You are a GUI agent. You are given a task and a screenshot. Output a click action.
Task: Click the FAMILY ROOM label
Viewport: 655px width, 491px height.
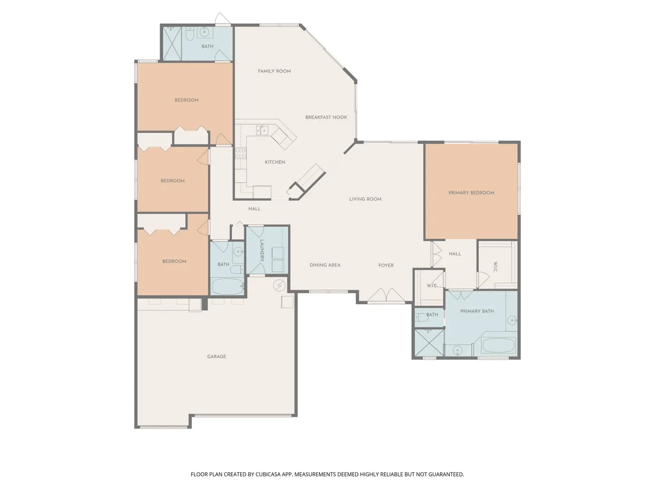click(274, 71)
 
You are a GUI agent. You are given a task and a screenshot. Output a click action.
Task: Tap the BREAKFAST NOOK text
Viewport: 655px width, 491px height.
click(326, 117)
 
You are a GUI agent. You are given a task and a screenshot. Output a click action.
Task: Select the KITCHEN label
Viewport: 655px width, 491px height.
click(275, 162)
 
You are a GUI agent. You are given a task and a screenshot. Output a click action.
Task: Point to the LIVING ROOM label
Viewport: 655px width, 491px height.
click(365, 199)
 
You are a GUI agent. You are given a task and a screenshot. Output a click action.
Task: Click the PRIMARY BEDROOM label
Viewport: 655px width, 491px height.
click(471, 193)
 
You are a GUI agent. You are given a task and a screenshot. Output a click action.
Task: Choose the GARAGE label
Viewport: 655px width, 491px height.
click(217, 356)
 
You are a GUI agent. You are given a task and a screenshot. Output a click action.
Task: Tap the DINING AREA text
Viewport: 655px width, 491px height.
click(325, 265)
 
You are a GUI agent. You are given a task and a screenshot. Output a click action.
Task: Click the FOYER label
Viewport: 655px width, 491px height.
click(386, 265)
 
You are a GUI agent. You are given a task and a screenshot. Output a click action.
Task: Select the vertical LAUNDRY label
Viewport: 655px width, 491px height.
click(262, 251)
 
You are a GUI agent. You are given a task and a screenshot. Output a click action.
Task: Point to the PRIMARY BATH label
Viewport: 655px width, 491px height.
click(477, 311)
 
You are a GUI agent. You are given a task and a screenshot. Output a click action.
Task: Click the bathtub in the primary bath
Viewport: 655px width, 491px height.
click(498, 345)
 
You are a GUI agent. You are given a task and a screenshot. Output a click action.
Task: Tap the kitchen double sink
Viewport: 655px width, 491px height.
click(262, 130)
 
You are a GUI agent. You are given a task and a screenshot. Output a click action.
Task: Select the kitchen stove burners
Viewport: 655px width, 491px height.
click(241, 153)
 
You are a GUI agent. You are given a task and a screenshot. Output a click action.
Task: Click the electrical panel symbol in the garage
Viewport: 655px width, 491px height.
click(279, 286)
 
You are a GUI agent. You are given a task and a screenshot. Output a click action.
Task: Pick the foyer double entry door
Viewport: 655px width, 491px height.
click(386, 295)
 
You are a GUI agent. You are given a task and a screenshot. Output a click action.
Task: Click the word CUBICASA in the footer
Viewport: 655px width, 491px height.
click(268, 474)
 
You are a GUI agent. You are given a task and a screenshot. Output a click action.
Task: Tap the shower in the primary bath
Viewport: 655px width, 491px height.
click(428, 342)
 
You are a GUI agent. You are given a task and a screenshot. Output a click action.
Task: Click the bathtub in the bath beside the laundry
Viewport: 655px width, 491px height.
click(227, 286)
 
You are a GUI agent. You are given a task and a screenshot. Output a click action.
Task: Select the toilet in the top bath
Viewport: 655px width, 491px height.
click(190, 33)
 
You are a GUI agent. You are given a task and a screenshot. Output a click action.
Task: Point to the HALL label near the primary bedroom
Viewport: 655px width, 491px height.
click(455, 254)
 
